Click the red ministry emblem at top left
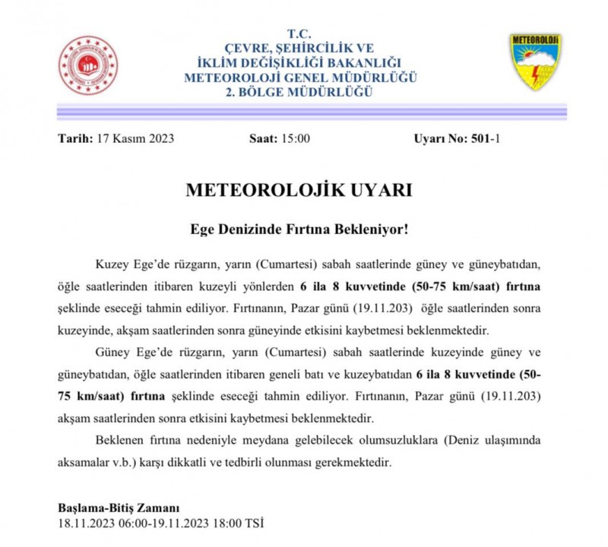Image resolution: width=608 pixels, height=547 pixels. (89, 65)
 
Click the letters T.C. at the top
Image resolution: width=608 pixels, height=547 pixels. (300, 34)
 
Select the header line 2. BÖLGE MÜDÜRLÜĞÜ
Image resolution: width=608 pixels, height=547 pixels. (300, 92)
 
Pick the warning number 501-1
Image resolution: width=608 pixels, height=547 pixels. (486, 138)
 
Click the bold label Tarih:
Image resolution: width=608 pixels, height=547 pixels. (75, 138)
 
